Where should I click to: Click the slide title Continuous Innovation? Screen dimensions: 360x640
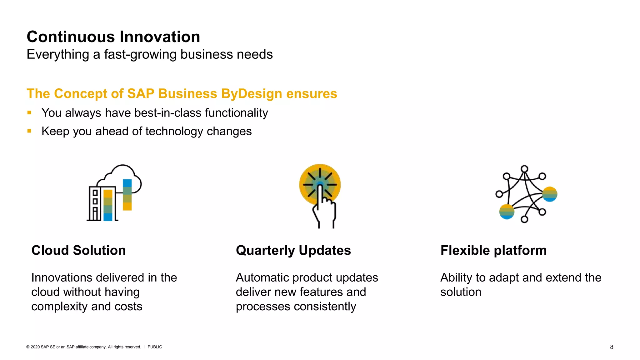[x=113, y=37]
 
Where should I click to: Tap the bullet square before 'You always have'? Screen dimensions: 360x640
[x=29, y=112]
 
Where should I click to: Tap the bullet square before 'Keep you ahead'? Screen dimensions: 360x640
[x=29, y=131]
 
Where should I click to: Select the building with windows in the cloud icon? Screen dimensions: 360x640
[x=95, y=204]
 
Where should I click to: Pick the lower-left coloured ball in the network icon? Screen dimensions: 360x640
[x=507, y=212]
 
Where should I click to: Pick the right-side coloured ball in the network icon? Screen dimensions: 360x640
[x=550, y=194]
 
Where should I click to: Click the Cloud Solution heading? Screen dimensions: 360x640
[x=78, y=251]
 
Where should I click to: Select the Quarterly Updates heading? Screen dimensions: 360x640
[x=293, y=251]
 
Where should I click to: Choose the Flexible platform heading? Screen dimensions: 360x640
[x=493, y=251]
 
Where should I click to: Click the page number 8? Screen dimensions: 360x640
[x=612, y=347]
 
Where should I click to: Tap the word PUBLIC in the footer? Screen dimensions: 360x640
[x=155, y=347]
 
